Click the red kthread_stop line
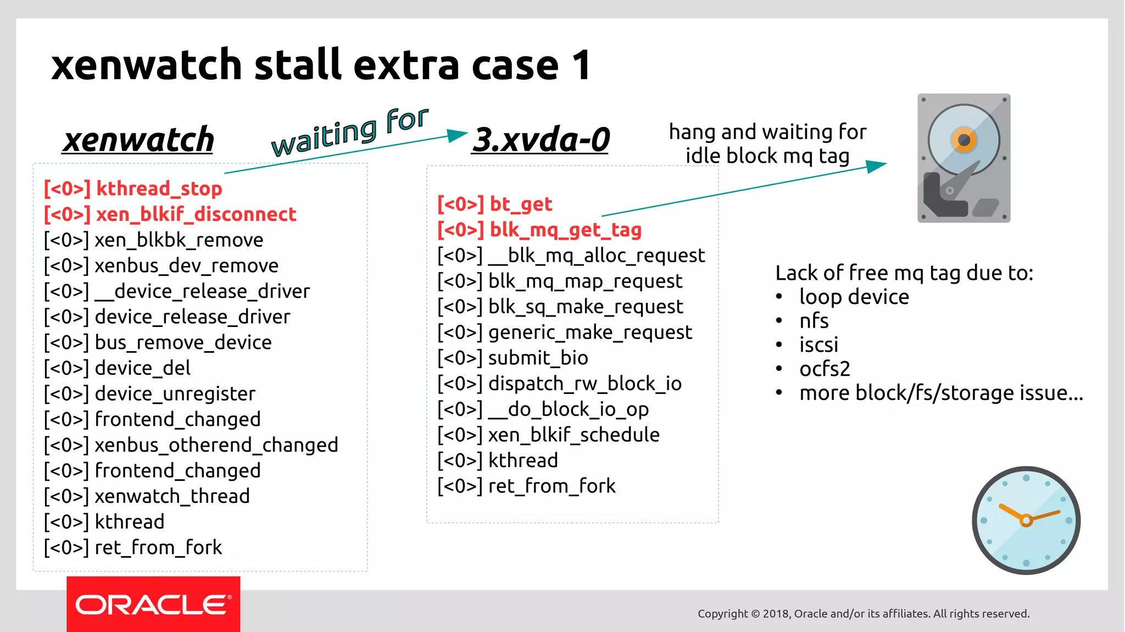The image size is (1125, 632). (x=133, y=189)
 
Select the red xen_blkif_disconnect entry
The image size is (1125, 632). (x=170, y=214)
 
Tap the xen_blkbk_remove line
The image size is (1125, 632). (x=153, y=240)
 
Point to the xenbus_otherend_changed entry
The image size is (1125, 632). (x=191, y=445)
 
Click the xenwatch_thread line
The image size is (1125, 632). (x=147, y=496)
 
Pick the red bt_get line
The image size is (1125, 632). (x=494, y=204)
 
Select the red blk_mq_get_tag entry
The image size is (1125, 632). (x=539, y=230)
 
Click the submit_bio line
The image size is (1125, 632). (x=513, y=358)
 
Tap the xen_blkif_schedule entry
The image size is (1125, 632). (x=548, y=435)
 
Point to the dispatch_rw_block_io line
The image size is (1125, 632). (x=559, y=384)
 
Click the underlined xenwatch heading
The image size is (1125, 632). (x=138, y=140)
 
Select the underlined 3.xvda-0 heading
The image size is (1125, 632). (x=541, y=140)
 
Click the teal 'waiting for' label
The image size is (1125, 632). (x=349, y=132)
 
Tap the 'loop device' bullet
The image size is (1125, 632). (x=854, y=297)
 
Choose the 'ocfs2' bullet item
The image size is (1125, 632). (x=824, y=369)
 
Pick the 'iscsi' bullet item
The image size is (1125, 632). (x=818, y=345)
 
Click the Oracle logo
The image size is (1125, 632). (x=153, y=605)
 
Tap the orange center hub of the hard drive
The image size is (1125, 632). (x=964, y=140)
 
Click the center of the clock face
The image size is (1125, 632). (x=1026, y=520)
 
